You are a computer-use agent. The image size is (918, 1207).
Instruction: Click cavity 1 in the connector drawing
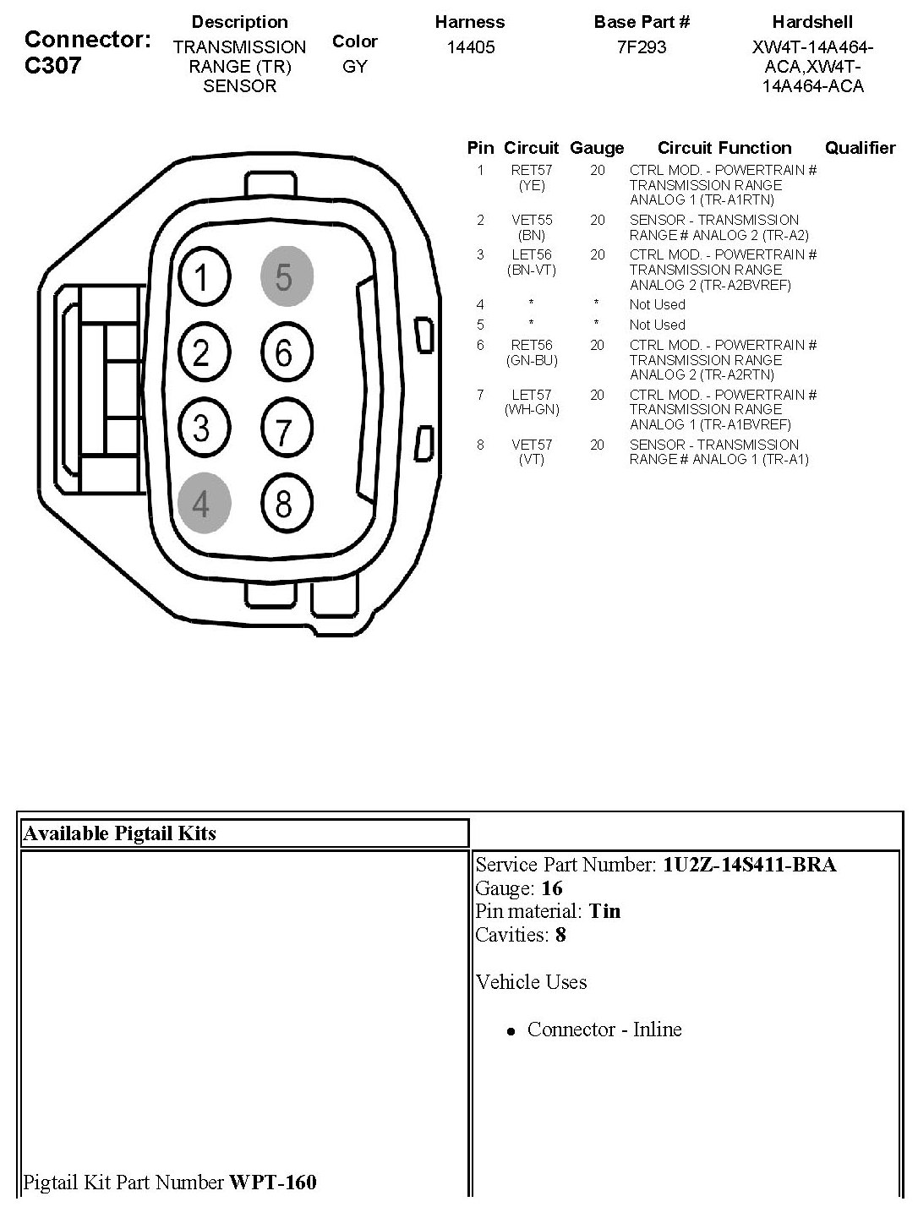(202, 276)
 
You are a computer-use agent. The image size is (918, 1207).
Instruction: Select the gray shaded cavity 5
(285, 276)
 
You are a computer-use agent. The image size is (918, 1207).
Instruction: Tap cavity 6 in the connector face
(285, 352)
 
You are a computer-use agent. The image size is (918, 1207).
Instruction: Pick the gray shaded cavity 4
(202, 503)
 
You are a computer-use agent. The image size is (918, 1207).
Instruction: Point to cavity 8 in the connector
(285, 503)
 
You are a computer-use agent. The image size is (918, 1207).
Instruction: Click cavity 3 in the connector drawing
(202, 427)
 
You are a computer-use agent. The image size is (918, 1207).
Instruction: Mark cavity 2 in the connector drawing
(202, 352)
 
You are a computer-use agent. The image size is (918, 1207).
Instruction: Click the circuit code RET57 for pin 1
(532, 171)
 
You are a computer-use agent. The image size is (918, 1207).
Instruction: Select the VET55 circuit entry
(532, 221)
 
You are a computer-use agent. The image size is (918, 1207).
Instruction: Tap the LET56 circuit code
(532, 255)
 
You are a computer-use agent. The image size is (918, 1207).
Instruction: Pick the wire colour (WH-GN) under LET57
(532, 410)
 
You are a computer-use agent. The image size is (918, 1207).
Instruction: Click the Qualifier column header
(860, 149)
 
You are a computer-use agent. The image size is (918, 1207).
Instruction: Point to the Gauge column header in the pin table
(597, 149)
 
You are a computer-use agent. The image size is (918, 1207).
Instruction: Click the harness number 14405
(470, 47)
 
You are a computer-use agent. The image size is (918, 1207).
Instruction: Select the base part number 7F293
(642, 47)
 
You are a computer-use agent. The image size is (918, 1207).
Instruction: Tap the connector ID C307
(53, 66)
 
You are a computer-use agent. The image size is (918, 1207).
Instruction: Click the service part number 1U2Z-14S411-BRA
(750, 865)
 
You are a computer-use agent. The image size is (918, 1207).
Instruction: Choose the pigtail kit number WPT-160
(272, 1182)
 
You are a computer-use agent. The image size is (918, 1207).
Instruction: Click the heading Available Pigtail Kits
(119, 833)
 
